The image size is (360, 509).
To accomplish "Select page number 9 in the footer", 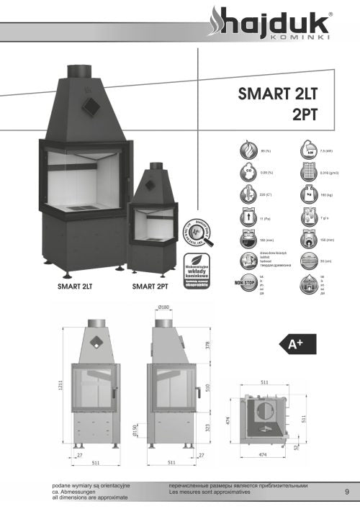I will [347, 492].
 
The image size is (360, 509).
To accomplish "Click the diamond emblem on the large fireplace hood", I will [91, 107].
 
